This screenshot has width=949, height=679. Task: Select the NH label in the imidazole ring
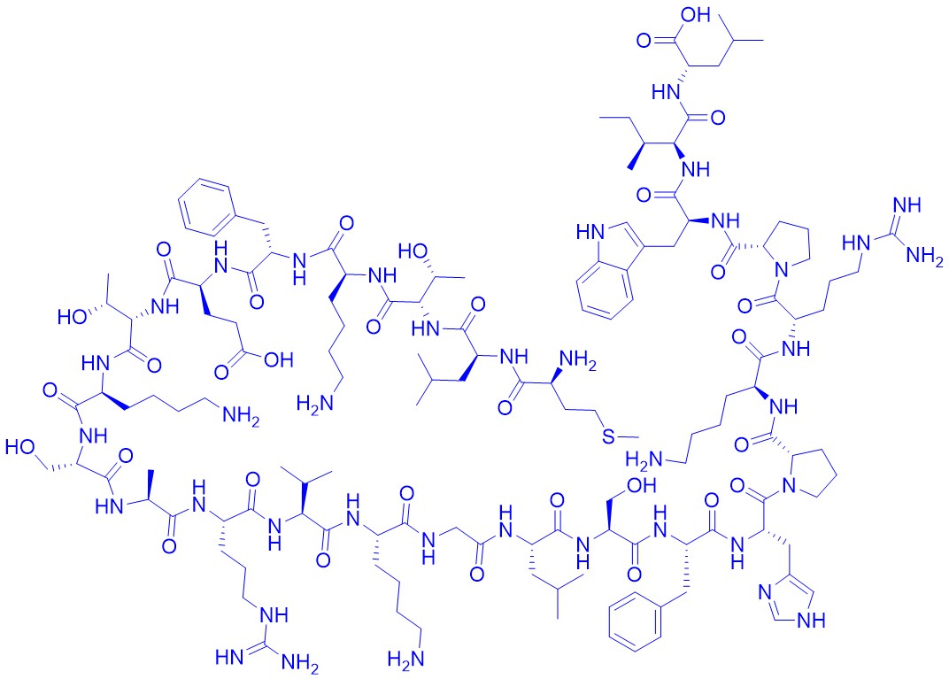[811, 620]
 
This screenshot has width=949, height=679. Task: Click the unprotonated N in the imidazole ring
[766, 591]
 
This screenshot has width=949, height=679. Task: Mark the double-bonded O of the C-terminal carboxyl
[644, 41]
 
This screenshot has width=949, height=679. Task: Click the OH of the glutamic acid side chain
[278, 360]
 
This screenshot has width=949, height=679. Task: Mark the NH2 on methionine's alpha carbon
[576, 361]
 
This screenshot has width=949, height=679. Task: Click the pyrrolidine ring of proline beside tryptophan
[789, 246]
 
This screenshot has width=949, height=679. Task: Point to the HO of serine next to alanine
[20, 447]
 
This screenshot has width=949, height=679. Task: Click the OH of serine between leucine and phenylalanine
[642, 485]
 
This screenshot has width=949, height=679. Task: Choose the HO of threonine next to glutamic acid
[73, 316]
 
